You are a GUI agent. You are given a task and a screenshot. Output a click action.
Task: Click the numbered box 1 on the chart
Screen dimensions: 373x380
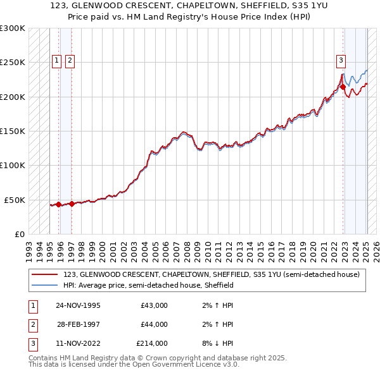click(56, 61)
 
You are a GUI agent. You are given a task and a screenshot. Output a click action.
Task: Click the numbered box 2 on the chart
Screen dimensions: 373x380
click(69, 61)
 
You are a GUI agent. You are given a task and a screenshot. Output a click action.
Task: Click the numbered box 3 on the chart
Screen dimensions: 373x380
click(341, 61)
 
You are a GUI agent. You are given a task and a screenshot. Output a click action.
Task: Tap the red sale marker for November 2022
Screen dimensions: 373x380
click(343, 87)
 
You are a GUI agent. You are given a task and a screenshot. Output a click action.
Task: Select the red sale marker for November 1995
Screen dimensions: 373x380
click(59, 204)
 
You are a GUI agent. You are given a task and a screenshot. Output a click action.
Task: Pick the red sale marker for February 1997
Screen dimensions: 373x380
click(72, 204)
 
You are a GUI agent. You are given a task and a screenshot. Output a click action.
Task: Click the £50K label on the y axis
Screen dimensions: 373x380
click(15, 200)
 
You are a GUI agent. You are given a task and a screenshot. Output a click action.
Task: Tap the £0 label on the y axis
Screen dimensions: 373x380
click(19, 234)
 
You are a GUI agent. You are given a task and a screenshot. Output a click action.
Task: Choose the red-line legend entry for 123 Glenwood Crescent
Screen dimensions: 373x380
click(212, 274)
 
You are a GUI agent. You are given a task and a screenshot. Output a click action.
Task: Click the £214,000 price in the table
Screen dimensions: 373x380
click(151, 343)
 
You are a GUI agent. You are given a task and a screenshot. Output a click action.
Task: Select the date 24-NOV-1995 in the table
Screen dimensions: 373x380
click(78, 305)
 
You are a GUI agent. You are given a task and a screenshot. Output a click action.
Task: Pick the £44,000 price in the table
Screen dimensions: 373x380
click(154, 324)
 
